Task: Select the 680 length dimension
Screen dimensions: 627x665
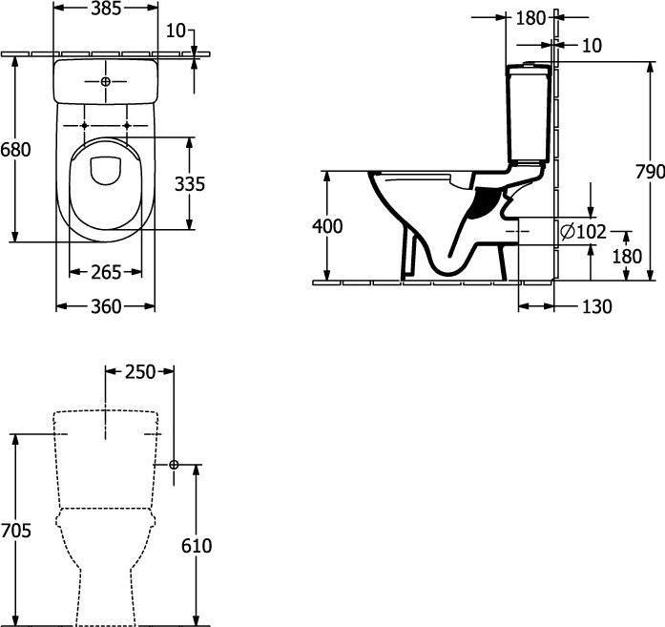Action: [x=15, y=150]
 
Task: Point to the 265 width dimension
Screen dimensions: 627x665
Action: [x=105, y=272]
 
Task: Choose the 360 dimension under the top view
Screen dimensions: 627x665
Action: [x=105, y=306]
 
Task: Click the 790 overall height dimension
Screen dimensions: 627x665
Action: [x=650, y=172]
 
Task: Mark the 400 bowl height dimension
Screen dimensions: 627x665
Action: [x=327, y=226]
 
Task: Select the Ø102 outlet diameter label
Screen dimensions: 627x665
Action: [x=584, y=231]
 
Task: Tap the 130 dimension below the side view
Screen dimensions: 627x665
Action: [x=595, y=306]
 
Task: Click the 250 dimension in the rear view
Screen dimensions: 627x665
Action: [x=139, y=372]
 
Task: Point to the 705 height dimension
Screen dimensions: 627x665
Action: [x=16, y=531]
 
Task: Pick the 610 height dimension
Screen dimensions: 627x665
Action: [x=196, y=546]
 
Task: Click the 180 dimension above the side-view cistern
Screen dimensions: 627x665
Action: [x=530, y=17]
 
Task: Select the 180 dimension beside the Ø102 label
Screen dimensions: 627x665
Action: [x=626, y=256]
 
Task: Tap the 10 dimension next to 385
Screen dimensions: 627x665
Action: [x=176, y=31]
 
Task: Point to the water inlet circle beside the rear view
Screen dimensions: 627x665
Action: [x=174, y=465]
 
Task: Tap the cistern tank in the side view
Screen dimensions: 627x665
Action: [x=529, y=115]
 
